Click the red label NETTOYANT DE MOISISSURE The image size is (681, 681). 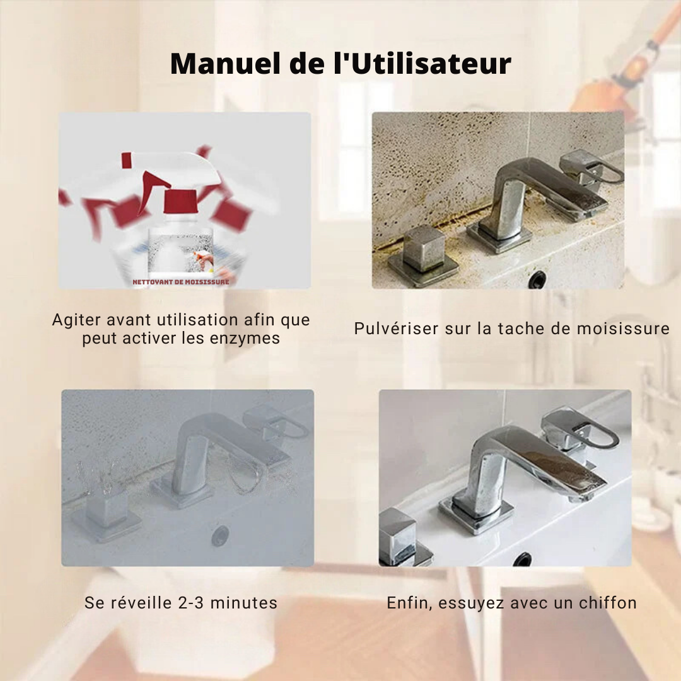(181, 282)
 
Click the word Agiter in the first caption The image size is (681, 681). (76, 320)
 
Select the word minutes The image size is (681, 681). (243, 603)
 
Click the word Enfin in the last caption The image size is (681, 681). (410, 603)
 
